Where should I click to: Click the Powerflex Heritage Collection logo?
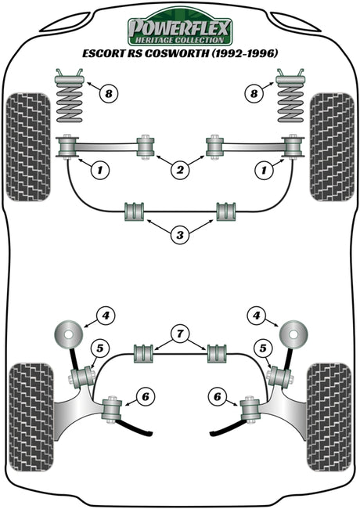coord(180,27)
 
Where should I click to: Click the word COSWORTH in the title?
coord(176,53)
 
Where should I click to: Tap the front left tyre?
coord(28,147)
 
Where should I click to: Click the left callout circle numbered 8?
coord(108,94)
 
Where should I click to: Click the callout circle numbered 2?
coord(180,169)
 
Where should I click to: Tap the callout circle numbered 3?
coord(180,235)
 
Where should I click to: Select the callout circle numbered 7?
coord(180,334)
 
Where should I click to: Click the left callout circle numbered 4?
coord(106,316)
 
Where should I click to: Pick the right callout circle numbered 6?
coord(217,396)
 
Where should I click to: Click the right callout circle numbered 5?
coord(262,348)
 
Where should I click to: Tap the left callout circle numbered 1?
coord(99,169)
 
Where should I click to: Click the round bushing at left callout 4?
coord(67,334)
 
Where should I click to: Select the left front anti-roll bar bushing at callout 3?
coord(135,211)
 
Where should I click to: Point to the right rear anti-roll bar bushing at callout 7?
coord(218,354)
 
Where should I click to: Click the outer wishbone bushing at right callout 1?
coord(293,147)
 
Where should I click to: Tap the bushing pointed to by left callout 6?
coord(112,409)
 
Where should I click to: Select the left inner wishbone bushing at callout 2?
coord(146,146)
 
